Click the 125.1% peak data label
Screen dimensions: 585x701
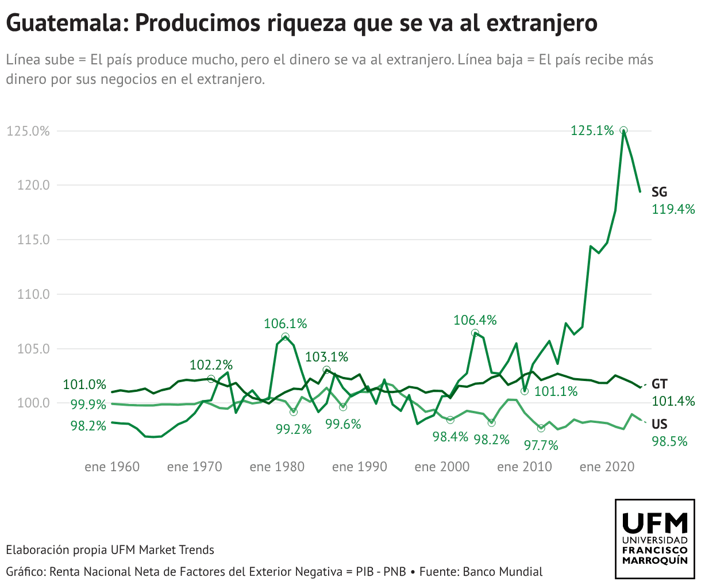pos(592,131)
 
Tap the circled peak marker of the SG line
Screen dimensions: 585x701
pos(623,130)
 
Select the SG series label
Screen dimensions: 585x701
pos(659,193)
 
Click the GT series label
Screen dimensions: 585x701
pos(660,384)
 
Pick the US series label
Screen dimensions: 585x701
pos(660,425)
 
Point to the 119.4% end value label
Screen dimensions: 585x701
pos(673,209)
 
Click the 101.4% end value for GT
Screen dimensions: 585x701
pos(673,401)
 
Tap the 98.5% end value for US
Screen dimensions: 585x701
pos(669,441)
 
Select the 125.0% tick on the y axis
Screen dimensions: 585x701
pos(28,131)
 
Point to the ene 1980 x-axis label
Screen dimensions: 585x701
pos(277,467)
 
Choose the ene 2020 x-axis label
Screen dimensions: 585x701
pos(607,467)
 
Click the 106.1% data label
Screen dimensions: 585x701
pos(286,324)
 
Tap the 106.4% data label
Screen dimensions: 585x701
pos(475,320)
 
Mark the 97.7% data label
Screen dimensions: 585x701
pos(541,445)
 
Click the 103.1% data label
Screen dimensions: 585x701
pos(326,357)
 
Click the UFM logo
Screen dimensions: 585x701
pos(654,539)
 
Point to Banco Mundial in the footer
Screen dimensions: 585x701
pos(502,572)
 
